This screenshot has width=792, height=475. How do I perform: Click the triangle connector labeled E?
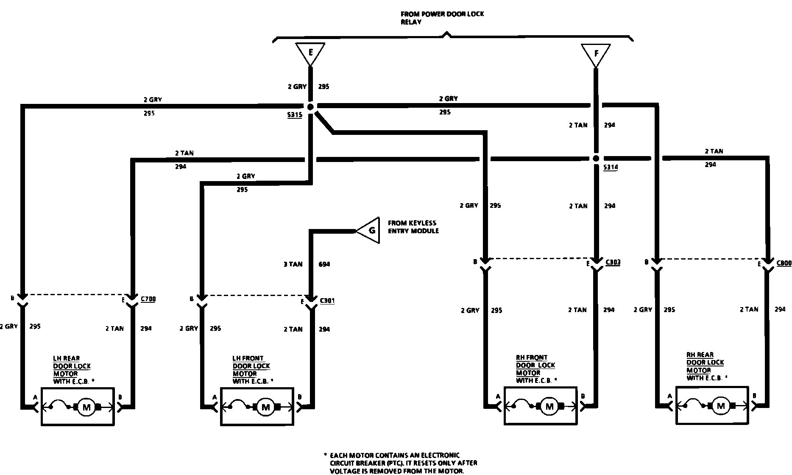tap(311, 53)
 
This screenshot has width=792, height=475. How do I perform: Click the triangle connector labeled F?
tap(596, 54)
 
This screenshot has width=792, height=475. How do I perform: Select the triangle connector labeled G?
tap(370, 230)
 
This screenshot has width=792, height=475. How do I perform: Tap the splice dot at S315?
tap(310, 107)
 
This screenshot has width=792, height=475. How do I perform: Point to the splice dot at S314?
tap(596, 158)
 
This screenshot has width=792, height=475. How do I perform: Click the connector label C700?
tap(148, 299)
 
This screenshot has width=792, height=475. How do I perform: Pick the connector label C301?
tap(327, 301)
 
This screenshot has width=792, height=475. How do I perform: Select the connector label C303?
tap(613, 263)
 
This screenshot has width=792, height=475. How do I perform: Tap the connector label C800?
tap(784, 263)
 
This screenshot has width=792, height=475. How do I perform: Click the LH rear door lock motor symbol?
tap(86, 408)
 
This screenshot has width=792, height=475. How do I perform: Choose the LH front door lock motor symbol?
tap(266, 408)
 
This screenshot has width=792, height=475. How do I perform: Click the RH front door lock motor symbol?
tap(549, 407)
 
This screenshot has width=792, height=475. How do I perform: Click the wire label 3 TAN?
tap(293, 265)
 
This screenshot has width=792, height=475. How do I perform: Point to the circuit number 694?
tap(324, 265)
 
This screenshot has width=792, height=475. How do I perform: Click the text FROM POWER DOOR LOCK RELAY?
tap(442, 18)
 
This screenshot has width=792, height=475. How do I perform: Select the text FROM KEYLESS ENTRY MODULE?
tap(413, 227)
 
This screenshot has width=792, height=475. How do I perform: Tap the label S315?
tap(294, 115)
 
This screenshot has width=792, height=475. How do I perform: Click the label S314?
tap(611, 168)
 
